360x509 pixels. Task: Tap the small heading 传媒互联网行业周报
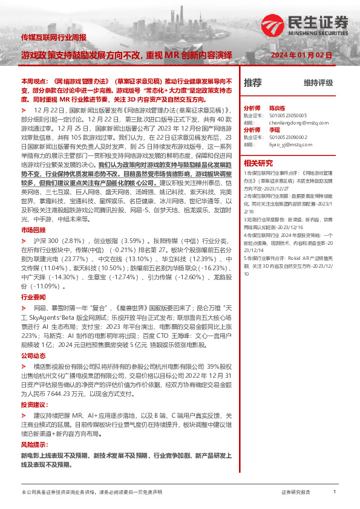tap(53, 37)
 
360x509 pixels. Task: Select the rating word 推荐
tap(252, 83)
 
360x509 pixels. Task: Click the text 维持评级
tap(318, 83)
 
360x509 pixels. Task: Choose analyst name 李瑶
tap(274, 129)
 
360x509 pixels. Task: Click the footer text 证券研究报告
tap(296, 493)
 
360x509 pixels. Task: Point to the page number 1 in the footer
tap(335, 492)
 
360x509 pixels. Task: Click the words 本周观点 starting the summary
tap(32, 80)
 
